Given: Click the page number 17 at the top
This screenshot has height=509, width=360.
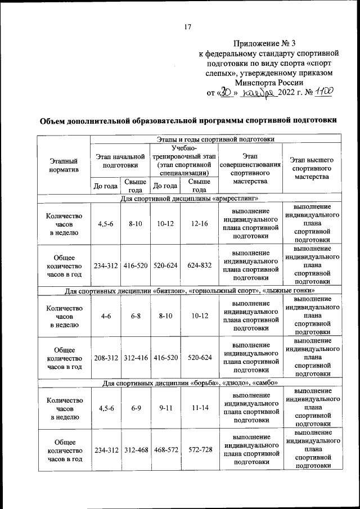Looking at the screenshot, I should [x=188, y=27].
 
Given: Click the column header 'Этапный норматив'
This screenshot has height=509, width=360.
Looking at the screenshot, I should [x=64, y=165].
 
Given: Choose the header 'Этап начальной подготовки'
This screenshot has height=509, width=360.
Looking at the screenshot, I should [x=120, y=160].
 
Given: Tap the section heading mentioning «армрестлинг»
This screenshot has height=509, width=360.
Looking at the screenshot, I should [x=188, y=199].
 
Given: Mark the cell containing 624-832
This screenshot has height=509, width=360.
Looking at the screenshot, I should [x=199, y=265].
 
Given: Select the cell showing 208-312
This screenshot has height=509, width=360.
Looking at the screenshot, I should [x=105, y=357].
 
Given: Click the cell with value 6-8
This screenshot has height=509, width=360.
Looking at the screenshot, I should [x=136, y=316].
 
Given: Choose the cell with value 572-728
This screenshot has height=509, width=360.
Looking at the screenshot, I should [x=199, y=450].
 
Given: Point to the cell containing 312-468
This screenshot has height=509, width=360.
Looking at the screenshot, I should [x=136, y=450].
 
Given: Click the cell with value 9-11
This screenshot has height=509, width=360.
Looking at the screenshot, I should [x=165, y=407].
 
